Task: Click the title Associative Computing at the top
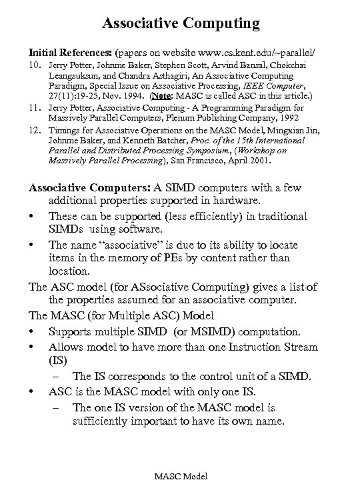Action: tap(180, 25)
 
